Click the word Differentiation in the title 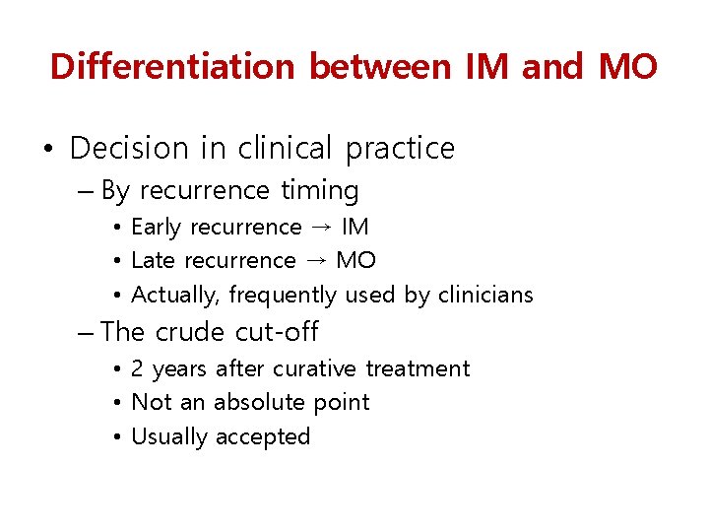pyautogui.click(x=172, y=67)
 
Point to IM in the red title pyautogui.click(x=489, y=67)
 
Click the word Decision pyautogui.click(x=129, y=149)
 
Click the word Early pyautogui.click(x=157, y=228)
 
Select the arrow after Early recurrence pyautogui.click(x=321, y=228)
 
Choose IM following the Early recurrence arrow pyautogui.click(x=354, y=228)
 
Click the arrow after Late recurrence pyautogui.click(x=315, y=261)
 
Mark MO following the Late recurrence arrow pyautogui.click(x=355, y=261)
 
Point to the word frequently pyautogui.click(x=283, y=296)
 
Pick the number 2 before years pyautogui.click(x=138, y=369)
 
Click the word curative pyautogui.click(x=316, y=369)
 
